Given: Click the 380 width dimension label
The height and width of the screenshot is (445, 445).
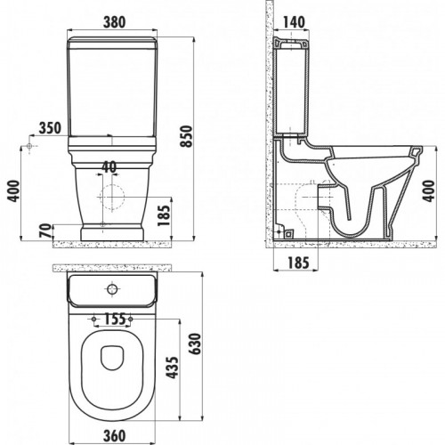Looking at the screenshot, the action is tap(114, 22).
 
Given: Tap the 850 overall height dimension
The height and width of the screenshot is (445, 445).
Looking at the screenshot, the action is tap(187, 136).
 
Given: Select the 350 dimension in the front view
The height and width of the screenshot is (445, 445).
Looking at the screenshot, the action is tap(50, 128).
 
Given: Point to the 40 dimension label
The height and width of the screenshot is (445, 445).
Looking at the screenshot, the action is tap(109, 167).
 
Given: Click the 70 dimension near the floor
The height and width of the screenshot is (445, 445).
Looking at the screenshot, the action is tap(45, 231).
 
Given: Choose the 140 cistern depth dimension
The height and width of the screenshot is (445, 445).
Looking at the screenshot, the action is tap(294, 22).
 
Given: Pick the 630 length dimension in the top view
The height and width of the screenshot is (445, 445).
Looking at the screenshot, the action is tap(196, 344).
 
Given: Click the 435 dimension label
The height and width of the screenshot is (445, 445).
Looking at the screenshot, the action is tap(172, 368).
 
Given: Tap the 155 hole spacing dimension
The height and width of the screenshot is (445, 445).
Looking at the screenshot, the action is tap(115, 319).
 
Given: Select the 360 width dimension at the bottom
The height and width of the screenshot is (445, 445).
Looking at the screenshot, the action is tap(114, 436).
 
